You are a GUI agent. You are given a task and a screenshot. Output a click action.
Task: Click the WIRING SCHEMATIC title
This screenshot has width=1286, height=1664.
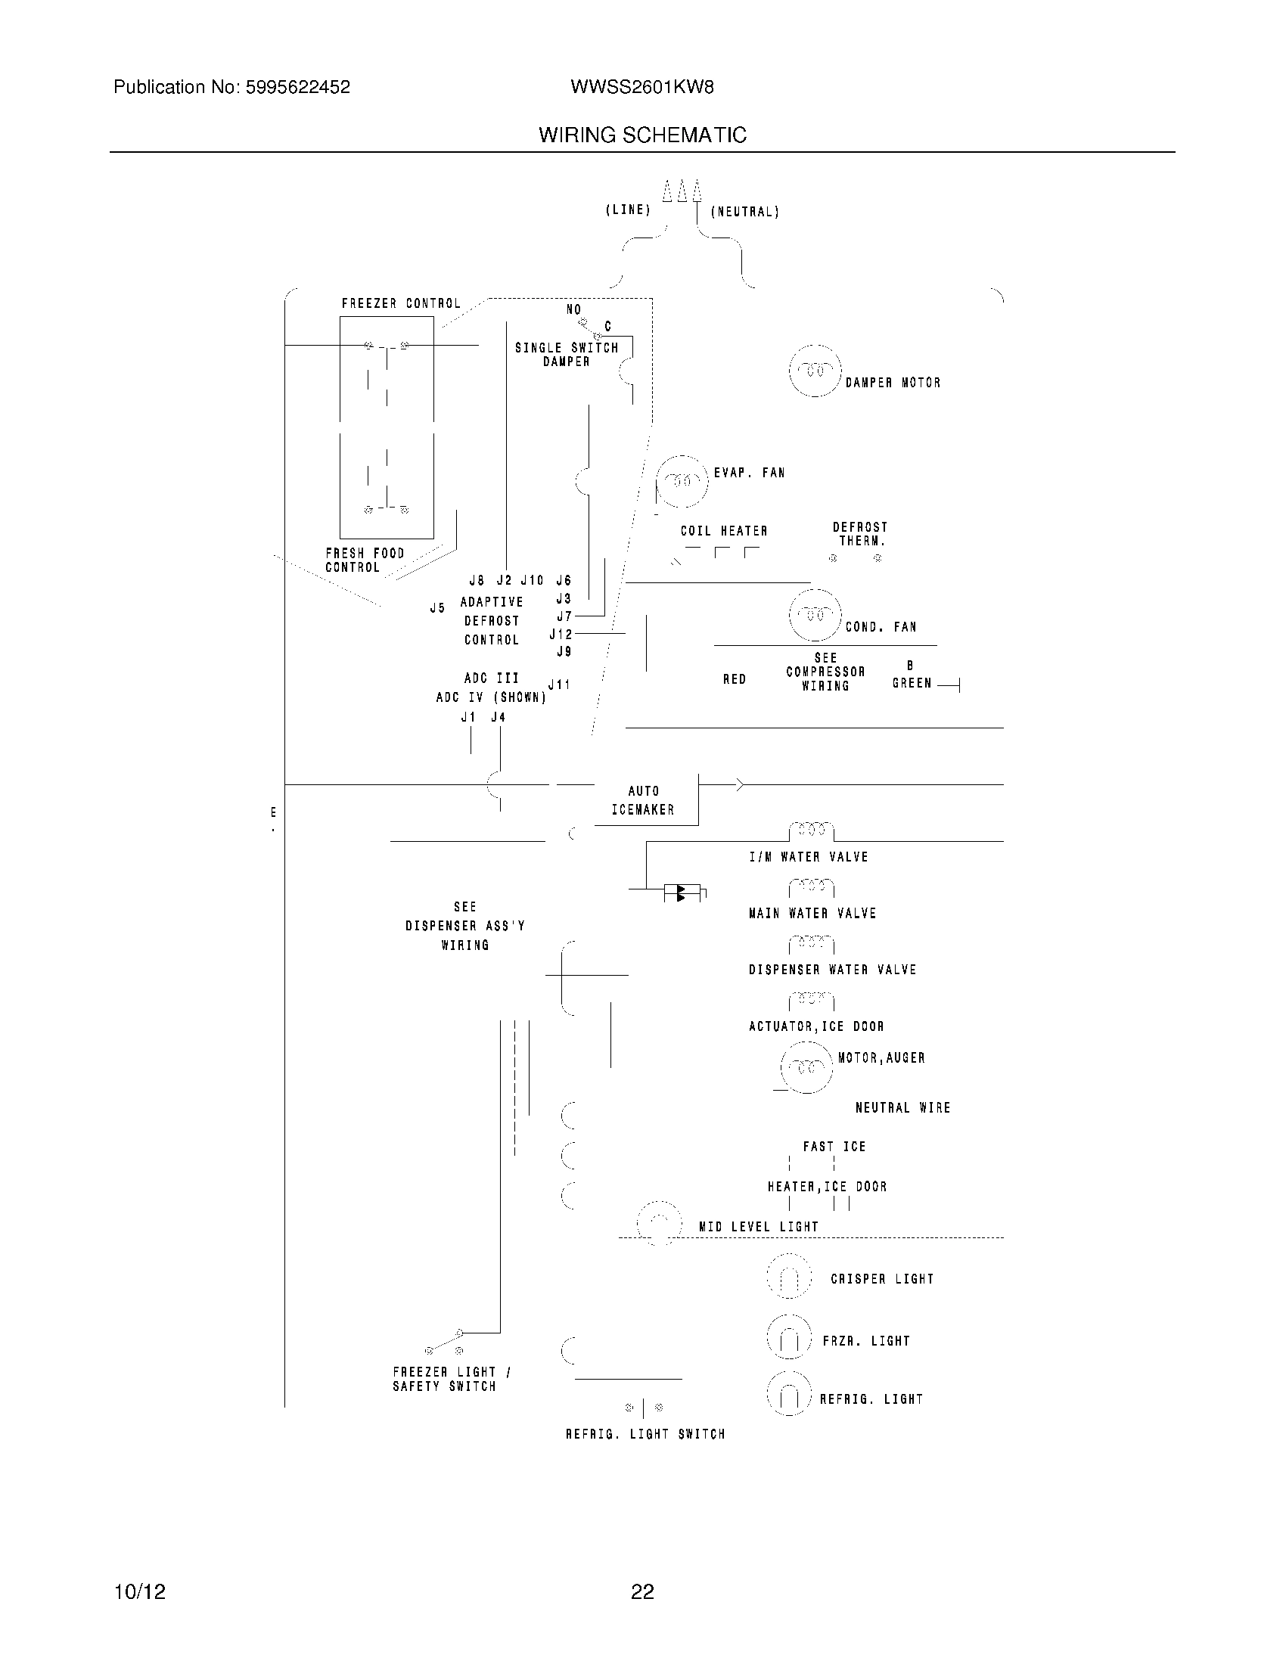(x=642, y=135)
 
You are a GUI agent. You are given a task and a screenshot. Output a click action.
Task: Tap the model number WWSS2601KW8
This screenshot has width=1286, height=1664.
(x=641, y=88)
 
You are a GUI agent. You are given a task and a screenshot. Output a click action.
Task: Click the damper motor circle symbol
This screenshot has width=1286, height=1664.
(x=815, y=371)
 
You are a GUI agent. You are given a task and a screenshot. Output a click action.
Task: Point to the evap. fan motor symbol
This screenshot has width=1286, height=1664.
(x=682, y=482)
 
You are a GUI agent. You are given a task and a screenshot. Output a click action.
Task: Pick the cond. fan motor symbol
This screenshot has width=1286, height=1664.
(x=815, y=615)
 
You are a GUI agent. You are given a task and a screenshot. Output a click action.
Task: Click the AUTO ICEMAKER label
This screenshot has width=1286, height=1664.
(x=643, y=801)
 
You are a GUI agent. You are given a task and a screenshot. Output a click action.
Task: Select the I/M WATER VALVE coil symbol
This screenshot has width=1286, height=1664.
(x=811, y=830)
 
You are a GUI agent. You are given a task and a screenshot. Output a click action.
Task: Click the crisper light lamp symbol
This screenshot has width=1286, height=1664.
(x=788, y=1277)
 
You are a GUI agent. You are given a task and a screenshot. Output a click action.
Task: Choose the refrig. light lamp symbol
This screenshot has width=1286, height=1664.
(x=788, y=1395)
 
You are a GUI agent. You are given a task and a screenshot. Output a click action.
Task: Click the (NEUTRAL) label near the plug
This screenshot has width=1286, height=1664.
(x=744, y=212)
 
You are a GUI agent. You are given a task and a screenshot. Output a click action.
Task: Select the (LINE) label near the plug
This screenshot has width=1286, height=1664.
(x=628, y=210)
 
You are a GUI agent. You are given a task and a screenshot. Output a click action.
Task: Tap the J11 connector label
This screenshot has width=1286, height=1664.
(x=559, y=685)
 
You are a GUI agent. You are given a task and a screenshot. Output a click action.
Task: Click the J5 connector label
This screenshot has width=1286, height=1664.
(x=437, y=608)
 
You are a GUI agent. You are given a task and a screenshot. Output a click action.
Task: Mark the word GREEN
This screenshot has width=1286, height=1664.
(x=912, y=684)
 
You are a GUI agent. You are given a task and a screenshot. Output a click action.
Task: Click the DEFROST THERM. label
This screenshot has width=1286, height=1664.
(x=860, y=534)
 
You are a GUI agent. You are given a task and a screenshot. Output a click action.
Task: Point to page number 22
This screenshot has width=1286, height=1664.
(x=642, y=1591)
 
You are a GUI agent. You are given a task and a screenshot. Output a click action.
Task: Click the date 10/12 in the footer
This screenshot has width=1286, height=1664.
(x=139, y=1591)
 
